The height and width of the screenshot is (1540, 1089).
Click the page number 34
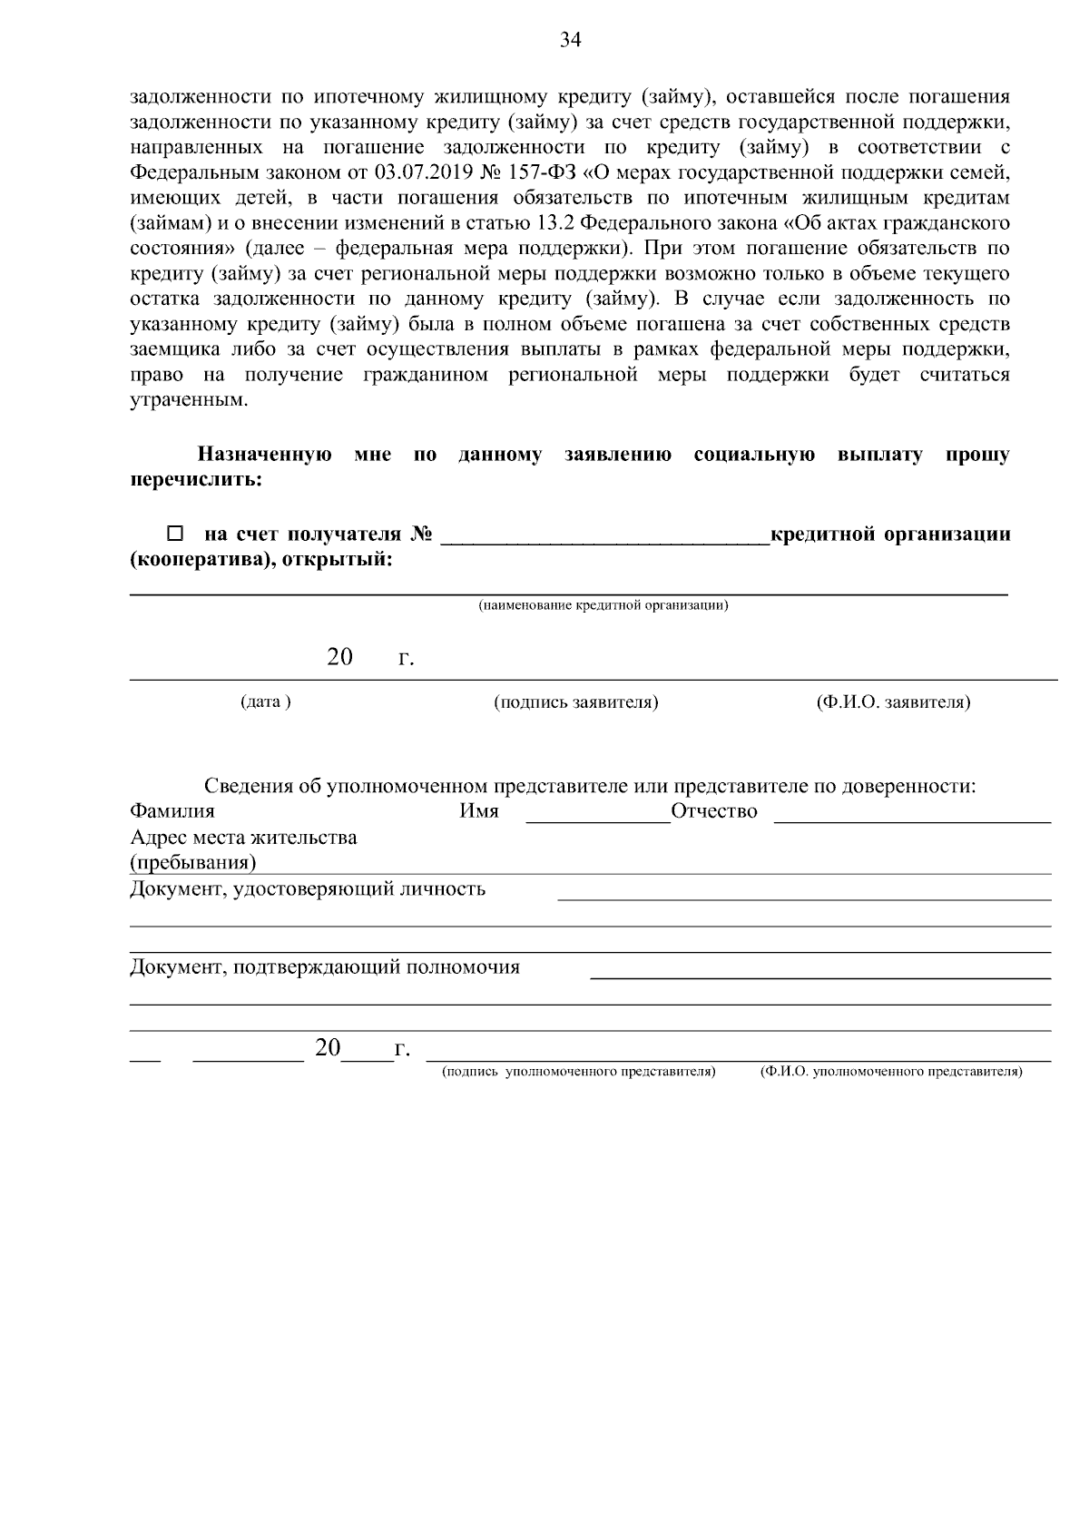point(571,39)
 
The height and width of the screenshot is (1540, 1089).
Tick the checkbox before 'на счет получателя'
point(176,535)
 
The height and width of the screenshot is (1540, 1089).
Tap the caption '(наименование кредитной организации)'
point(603,605)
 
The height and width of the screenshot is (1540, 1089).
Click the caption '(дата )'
point(266,702)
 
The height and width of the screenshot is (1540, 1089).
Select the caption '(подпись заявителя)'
point(576,702)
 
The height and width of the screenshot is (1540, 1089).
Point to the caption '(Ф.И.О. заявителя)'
point(893,702)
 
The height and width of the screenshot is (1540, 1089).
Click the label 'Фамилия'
point(172,811)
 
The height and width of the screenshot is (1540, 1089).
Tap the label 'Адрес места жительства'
point(243,838)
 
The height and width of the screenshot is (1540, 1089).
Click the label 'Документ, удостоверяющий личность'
point(308,889)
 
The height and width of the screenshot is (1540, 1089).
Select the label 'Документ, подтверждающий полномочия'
point(325,967)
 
